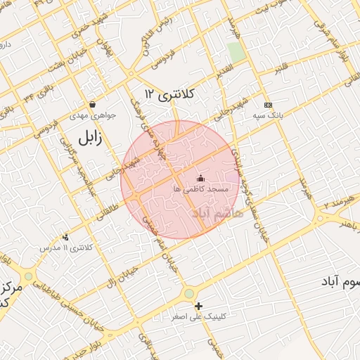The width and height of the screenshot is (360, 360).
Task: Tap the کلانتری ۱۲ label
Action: pos(169,93)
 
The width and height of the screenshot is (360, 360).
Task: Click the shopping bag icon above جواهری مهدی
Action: pos(93,104)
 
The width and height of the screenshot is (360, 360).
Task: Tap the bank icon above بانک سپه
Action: pos(267,104)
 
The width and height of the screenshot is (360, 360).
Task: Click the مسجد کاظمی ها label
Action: pos(200,190)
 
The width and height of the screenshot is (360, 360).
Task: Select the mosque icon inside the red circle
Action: pos(200,179)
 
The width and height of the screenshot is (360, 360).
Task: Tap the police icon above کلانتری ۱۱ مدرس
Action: pos(66,237)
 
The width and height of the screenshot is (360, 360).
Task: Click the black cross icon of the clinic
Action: pos(199,306)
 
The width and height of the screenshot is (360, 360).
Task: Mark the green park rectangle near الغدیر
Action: pos(236,51)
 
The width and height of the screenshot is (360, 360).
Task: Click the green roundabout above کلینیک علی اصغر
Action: pos(188,293)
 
